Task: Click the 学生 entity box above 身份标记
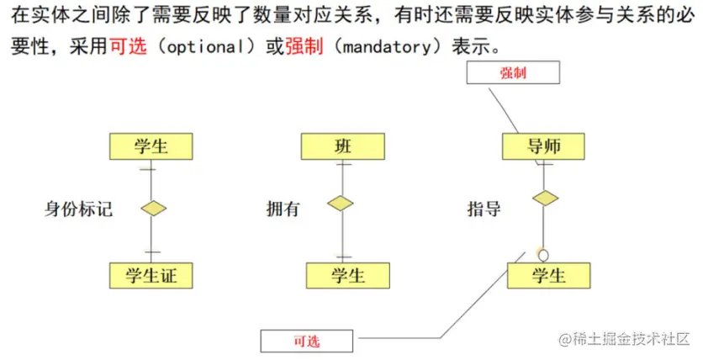tap(151, 147)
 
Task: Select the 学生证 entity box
tap(151, 275)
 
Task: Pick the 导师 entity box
tap(543, 147)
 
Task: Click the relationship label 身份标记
tap(78, 209)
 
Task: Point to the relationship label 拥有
tap(283, 209)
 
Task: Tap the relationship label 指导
tap(484, 208)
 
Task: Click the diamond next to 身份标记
tap(152, 209)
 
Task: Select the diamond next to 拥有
tap(341, 203)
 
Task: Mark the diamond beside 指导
tap(545, 199)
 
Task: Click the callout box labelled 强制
tap(512, 73)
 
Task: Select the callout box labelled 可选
tap(306, 341)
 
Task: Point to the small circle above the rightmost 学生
tap(543, 254)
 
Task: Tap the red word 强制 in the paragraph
tap(300, 45)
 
